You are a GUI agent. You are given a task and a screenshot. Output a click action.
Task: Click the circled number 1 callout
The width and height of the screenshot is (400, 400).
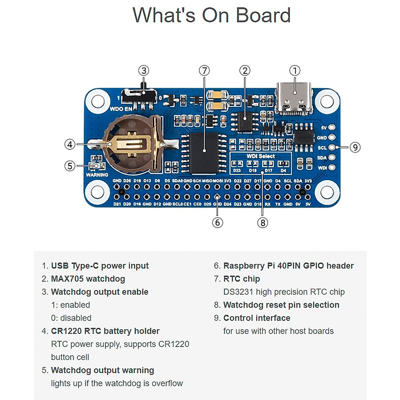click(x=295, y=71)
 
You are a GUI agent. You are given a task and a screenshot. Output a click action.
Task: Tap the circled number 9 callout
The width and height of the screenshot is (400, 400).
click(x=355, y=147)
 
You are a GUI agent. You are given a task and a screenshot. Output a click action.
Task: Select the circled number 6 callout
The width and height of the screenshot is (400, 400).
click(x=217, y=222)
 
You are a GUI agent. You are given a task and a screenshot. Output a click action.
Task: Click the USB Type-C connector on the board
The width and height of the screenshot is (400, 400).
click(x=294, y=98)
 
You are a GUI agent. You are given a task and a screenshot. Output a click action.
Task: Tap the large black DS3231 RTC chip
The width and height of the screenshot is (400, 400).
click(x=204, y=153)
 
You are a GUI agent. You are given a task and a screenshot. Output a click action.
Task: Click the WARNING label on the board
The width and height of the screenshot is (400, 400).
click(x=97, y=175)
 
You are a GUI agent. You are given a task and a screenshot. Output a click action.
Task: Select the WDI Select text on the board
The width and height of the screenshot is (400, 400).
click(x=261, y=156)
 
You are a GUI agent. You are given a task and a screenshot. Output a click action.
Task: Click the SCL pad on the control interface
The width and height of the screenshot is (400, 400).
click(x=332, y=147)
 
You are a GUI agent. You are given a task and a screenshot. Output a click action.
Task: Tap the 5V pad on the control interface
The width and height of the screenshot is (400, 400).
click(x=332, y=127)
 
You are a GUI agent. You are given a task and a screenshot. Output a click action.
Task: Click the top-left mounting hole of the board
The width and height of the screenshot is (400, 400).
click(x=98, y=101)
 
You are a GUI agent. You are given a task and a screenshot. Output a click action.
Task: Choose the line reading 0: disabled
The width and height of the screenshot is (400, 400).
click(x=71, y=318)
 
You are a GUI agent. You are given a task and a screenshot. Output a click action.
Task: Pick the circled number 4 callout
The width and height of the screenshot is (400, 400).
click(x=70, y=144)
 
